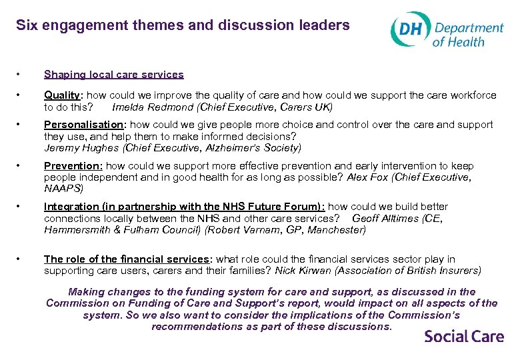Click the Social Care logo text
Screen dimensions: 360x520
pyautogui.click(x=464, y=336)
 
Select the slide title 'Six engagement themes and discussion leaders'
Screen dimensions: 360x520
pyautogui.click(x=183, y=25)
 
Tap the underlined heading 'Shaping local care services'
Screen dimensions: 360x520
pyautogui.click(x=114, y=75)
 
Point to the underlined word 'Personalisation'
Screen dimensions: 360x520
pyautogui.click(x=83, y=125)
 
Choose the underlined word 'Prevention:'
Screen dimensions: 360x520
pyautogui.click(x=73, y=166)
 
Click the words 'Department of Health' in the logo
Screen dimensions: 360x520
pyautogui.click(x=468, y=34)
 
